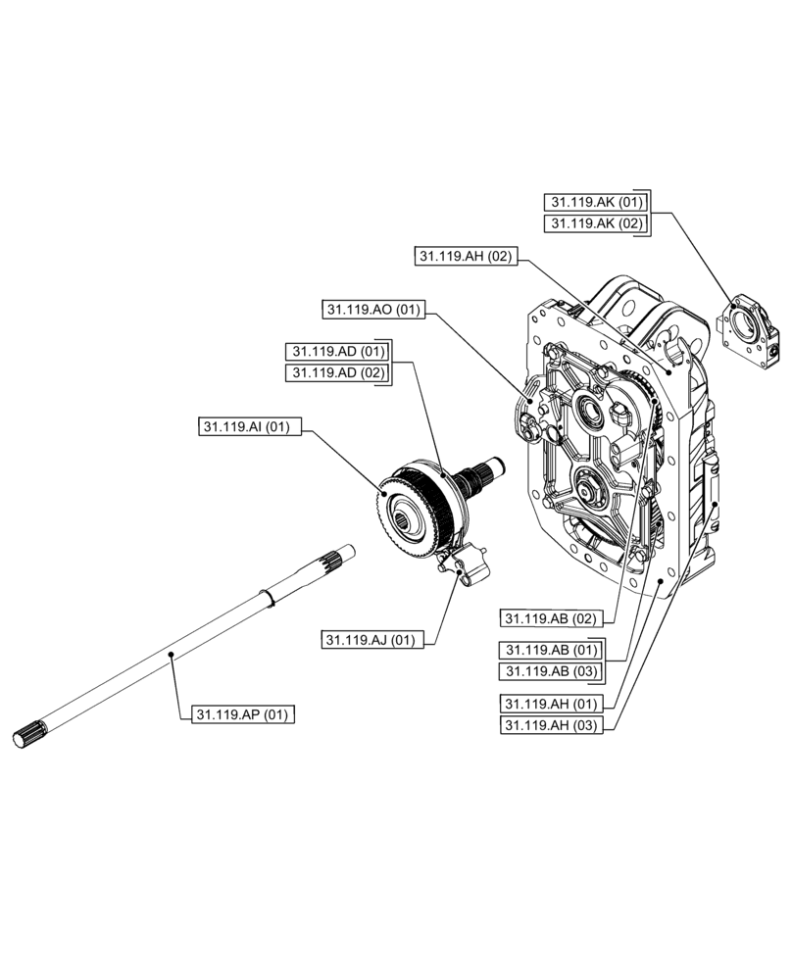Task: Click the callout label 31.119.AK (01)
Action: click(596, 202)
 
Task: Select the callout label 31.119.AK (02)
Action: click(596, 223)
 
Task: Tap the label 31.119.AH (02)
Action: click(465, 256)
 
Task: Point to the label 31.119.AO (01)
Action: click(372, 310)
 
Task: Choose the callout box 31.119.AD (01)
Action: click(336, 351)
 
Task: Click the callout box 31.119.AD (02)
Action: click(336, 372)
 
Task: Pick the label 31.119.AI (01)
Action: click(249, 426)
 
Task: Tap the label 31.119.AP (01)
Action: click(241, 713)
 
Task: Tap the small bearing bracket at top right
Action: click(751, 331)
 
